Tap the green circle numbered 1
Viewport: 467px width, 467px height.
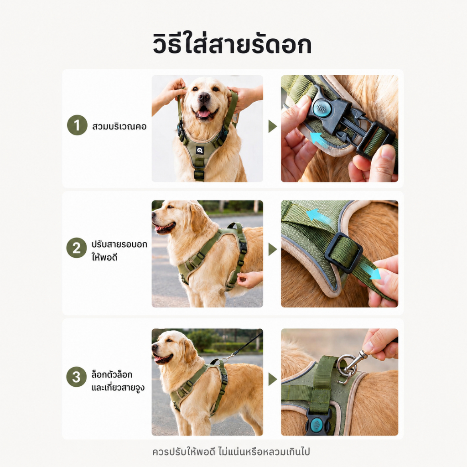(x=77, y=125)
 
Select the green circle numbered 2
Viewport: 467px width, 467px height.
(x=77, y=248)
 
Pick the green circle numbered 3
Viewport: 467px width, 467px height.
(x=77, y=377)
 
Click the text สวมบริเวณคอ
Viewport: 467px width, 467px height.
(x=119, y=126)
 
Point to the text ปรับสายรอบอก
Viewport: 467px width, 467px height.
(x=119, y=244)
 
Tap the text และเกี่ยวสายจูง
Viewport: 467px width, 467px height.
(x=118, y=388)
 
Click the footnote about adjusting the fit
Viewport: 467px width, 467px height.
(x=231, y=451)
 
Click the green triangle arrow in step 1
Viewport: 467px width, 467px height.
(x=272, y=126)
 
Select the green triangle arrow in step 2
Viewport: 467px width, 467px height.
(x=272, y=249)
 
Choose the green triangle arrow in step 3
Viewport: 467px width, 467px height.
(x=272, y=379)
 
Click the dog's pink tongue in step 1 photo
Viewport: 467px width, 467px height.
(x=204, y=114)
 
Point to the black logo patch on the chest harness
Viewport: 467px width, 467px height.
(x=200, y=150)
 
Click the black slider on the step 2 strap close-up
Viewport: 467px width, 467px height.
(x=343, y=252)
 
